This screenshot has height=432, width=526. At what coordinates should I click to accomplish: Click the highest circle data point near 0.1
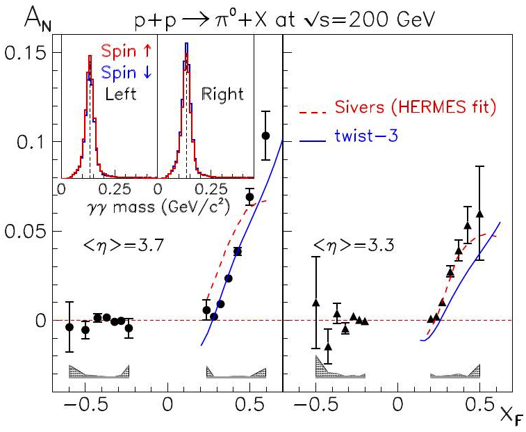[265, 136]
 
